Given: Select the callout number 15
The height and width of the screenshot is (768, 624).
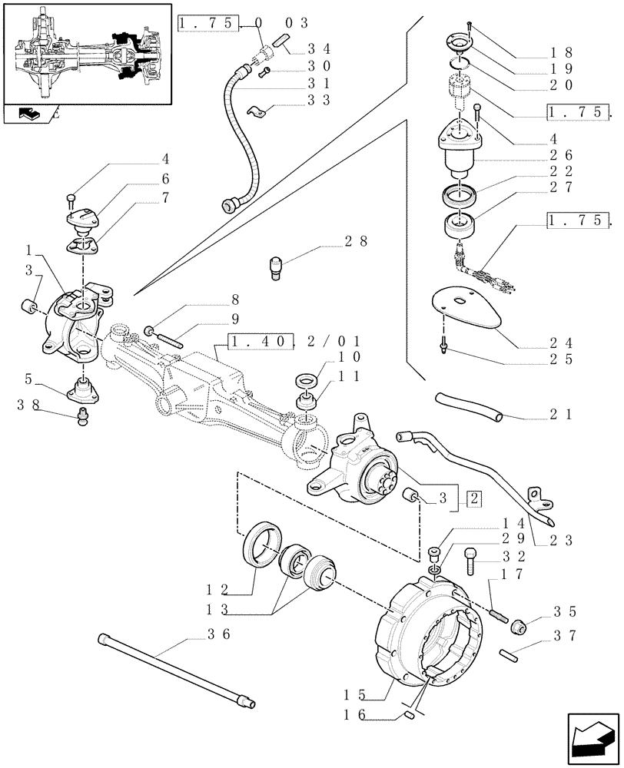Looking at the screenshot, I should tap(354, 695).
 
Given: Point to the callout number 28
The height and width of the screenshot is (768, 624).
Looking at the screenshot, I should tap(356, 241).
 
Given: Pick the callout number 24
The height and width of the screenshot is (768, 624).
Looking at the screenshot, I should tap(573, 343).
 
